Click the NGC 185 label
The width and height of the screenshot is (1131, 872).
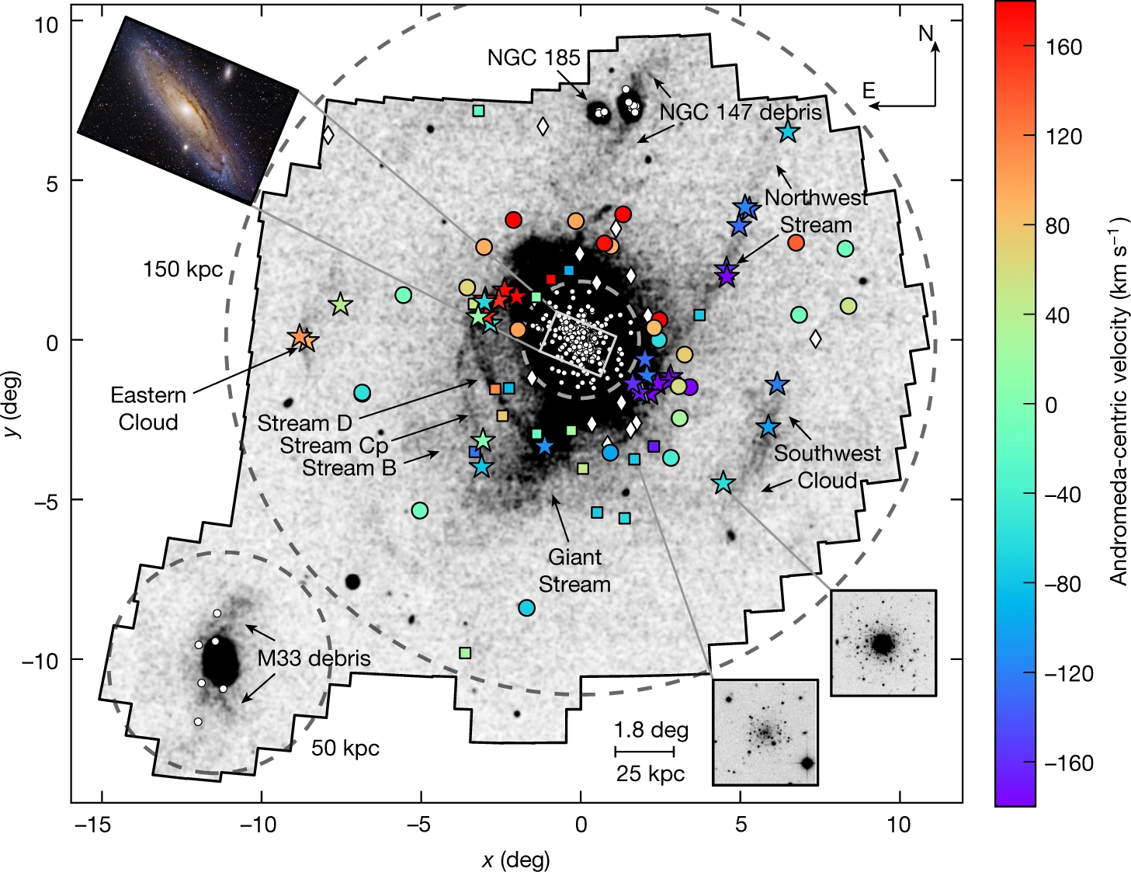533,58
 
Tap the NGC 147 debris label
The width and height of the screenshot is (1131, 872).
740,113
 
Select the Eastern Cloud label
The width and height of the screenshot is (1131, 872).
148,408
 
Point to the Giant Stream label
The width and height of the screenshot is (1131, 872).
574,571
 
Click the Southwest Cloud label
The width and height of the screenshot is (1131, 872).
827,467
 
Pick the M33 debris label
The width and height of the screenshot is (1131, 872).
314,658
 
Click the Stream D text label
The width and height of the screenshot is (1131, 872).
304,423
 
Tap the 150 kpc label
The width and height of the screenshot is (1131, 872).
182,269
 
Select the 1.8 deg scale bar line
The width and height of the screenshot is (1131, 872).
644,752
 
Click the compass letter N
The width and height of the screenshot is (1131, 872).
925,33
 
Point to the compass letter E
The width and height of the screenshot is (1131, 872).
869,91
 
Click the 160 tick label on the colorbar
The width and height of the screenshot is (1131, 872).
1063,47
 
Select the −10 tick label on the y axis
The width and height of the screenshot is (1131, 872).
40,660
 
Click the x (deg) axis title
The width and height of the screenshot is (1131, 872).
515,860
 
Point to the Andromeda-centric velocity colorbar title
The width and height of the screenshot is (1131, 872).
1118,403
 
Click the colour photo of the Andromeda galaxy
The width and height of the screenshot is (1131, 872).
188,110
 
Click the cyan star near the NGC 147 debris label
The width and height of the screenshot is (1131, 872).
788,132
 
